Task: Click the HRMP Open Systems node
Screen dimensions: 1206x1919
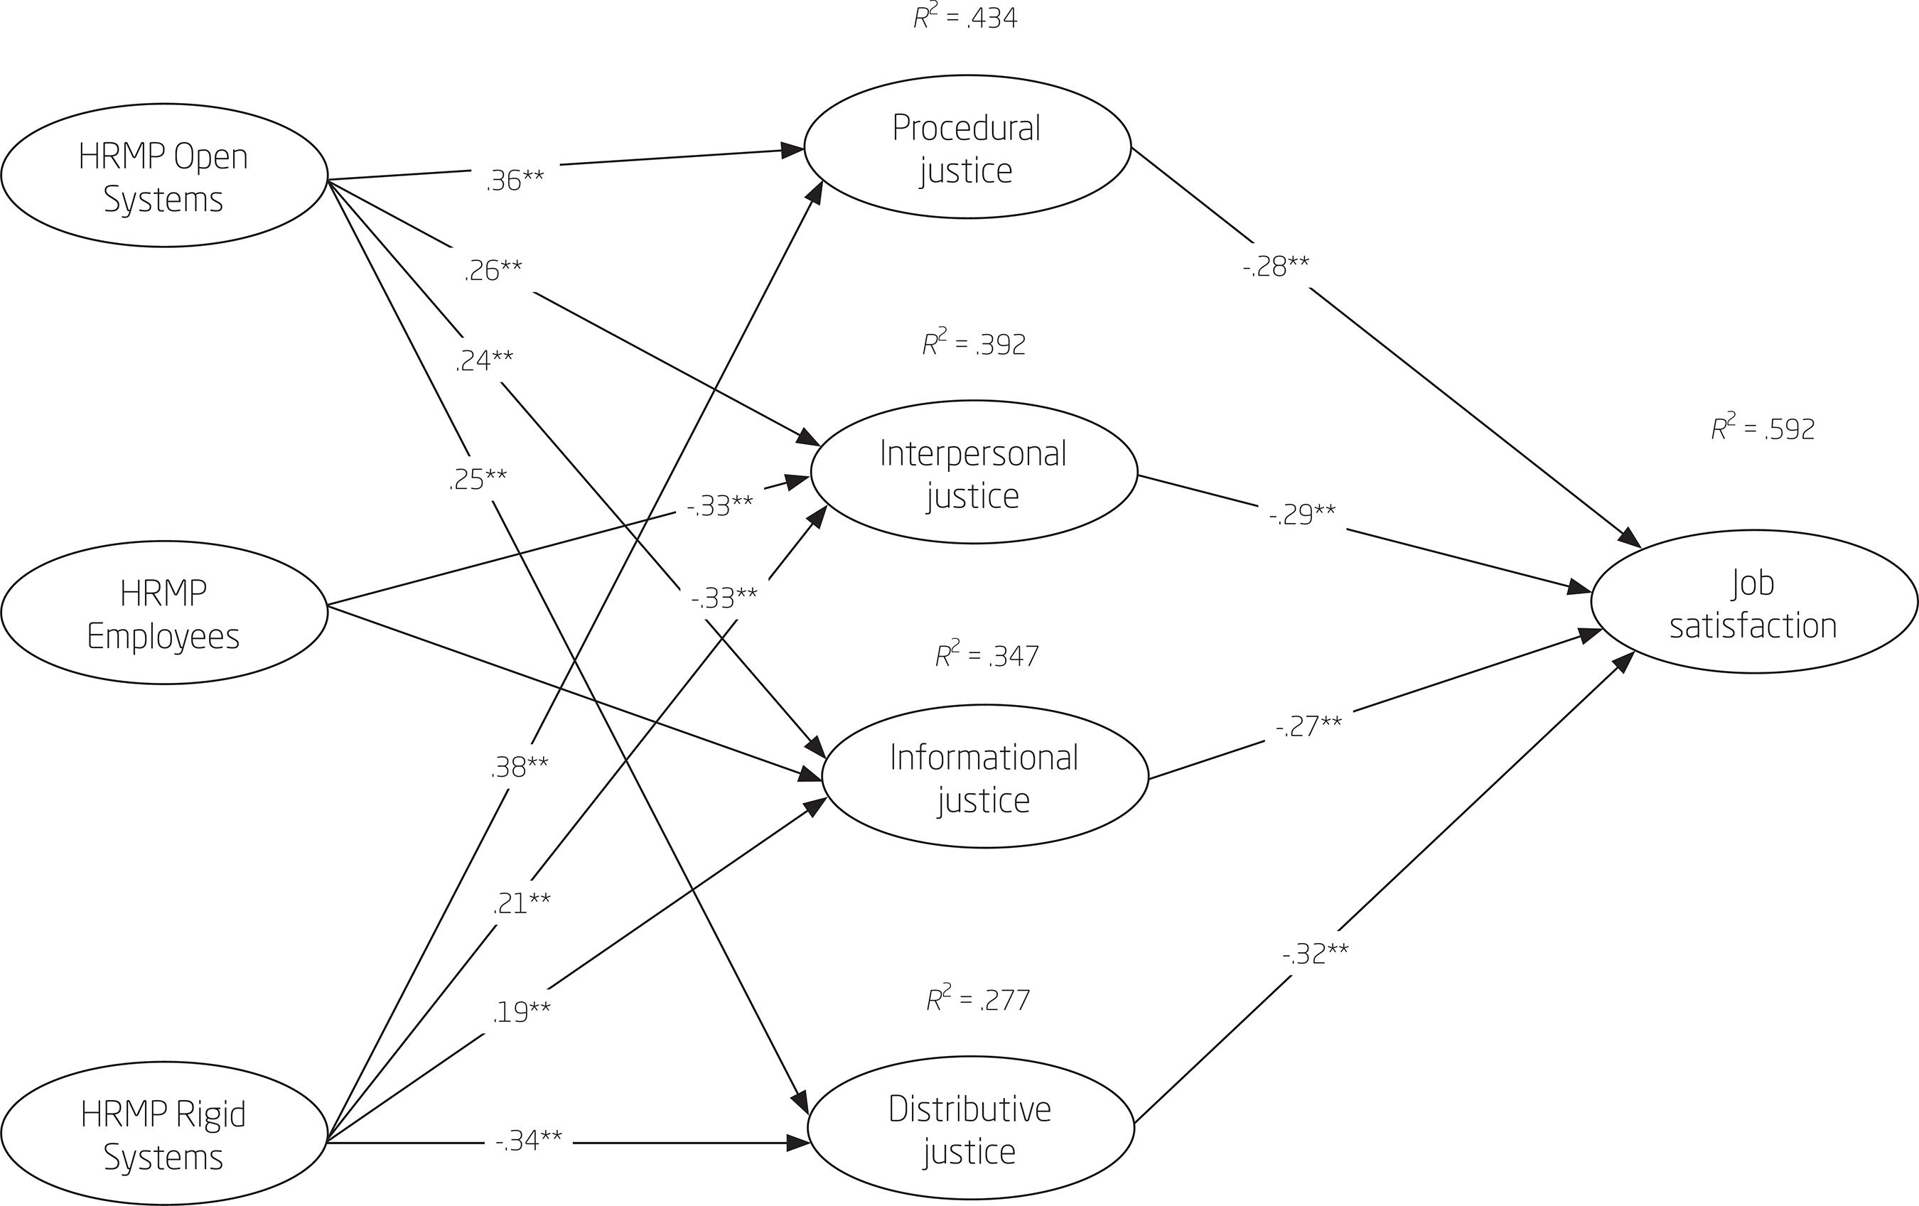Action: click(x=163, y=176)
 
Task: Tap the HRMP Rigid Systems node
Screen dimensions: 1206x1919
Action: click(x=163, y=1134)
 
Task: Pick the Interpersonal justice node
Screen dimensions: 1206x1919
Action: click(x=973, y=473)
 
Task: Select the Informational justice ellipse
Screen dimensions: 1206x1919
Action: click(x=984, y=778)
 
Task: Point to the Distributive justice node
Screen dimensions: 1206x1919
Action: click(x=970, y=1129)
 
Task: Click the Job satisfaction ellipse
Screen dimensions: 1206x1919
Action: click(x=1753, y=603)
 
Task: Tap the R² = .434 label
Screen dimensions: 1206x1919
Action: click(x=965, y=18)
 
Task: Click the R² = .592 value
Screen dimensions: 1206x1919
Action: click(x=1763, y=429)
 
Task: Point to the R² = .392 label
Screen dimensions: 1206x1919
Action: click(x=974, y=343)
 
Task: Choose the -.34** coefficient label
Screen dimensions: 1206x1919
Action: click(x=528, y=1141)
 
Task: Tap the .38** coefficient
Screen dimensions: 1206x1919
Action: click(x=519, y=766)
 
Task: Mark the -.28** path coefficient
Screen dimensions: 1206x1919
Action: click(x=1275, y=266)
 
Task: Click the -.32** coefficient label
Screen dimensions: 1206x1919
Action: click(x=1315, y=952)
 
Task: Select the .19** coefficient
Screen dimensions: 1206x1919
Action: click(x=520, y=1011)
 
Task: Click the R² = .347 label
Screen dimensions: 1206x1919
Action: click(x=987, y=655)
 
